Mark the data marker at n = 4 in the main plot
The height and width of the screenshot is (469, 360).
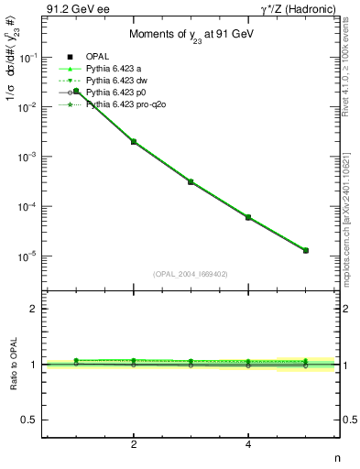(x=248, y=217)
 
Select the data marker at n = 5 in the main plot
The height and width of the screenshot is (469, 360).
(x=306, y=250)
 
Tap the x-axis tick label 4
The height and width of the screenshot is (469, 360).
(x=248, y=444)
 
